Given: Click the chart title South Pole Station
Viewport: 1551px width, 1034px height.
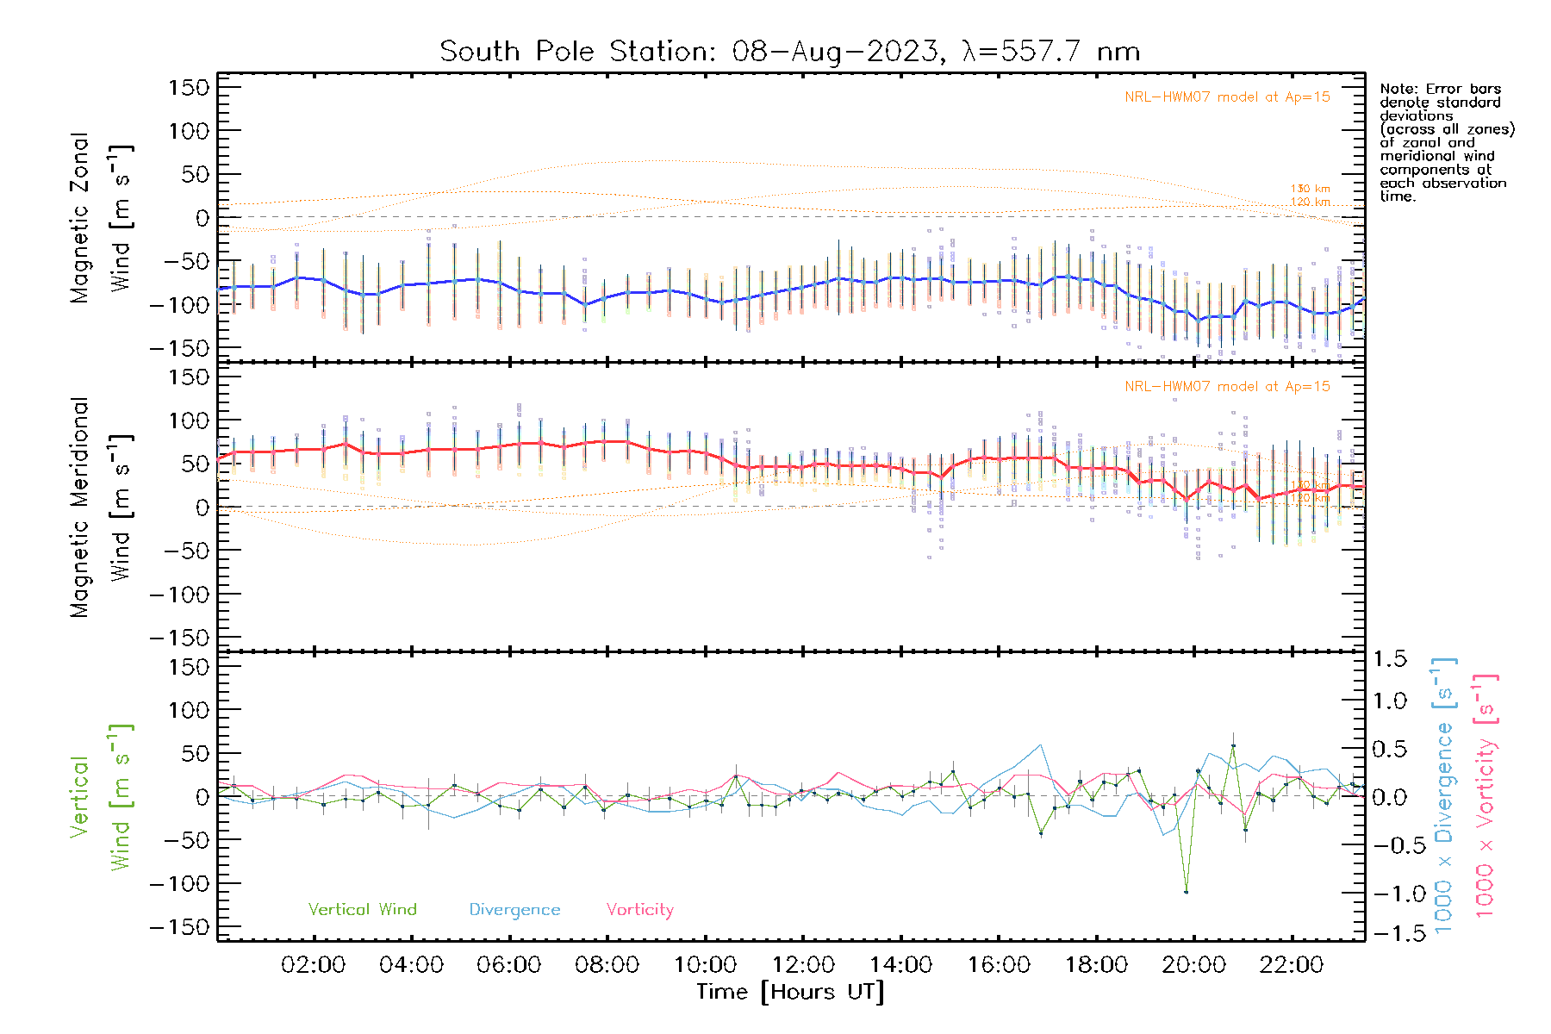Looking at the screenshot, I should tap(789, 52).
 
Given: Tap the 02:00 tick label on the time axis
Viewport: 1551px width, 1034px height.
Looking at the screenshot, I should tap(313, 965).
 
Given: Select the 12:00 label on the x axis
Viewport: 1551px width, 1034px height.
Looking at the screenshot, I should tap(803, 965).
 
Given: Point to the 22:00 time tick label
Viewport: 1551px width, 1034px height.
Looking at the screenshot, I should tap(1292, 965).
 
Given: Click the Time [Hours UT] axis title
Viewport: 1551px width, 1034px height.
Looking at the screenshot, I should tap(790, 992).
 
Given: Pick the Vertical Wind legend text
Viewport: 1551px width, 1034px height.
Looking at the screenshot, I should tap(362, 910).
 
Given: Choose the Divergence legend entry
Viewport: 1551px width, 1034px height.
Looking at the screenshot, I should tap(514, 910).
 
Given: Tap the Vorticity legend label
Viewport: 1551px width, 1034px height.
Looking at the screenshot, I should tap(639, 910).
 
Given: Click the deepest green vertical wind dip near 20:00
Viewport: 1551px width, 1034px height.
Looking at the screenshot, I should tap(1186, 892).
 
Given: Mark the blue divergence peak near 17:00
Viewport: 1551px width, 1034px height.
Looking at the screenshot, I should tap(1041, 744).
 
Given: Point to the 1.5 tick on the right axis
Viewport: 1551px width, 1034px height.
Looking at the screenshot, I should tap(1389, 659).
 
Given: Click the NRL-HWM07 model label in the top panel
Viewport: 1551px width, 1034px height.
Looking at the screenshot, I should tap(1227, 97).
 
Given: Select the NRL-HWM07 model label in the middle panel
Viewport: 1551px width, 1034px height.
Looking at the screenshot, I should tap(1227, 387).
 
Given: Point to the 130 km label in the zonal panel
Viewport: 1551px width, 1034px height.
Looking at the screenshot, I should tap(1310, 189).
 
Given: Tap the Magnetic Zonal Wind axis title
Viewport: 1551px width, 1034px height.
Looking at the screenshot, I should tap(102, 218).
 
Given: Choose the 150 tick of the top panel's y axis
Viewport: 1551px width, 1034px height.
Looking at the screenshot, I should tap(189, 88).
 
